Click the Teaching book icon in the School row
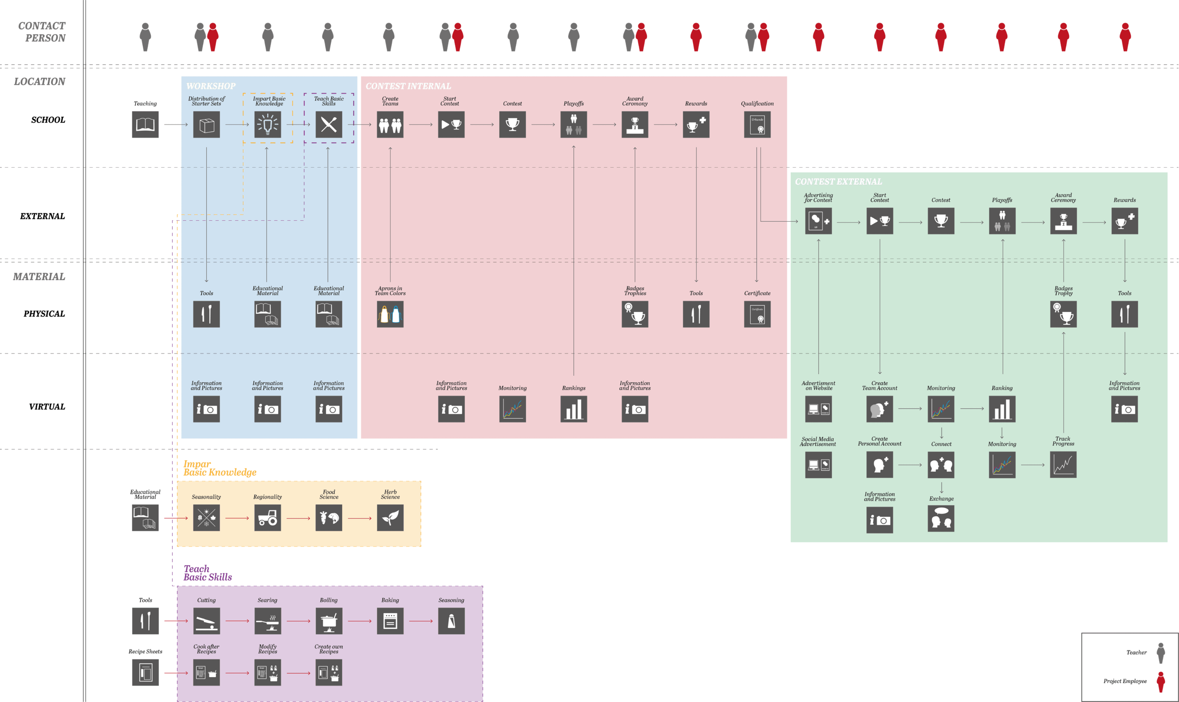coord(145,124)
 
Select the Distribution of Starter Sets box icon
coord(206,124)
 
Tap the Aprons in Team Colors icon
coord(390,314)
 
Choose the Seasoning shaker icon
coord(451,620)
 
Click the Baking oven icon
coord(390,620)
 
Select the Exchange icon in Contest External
coord(941,519)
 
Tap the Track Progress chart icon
coord(1063,464)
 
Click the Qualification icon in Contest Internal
coord(757,124)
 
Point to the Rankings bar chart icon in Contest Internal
coord(574,409)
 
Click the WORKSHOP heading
coord(211,86)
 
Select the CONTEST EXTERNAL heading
coord(838,181)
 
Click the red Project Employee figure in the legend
coord(1161,682)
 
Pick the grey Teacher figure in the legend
coord(1161,653)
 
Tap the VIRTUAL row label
coord(47,407)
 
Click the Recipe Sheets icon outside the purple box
coord(145,672)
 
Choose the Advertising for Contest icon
coord(818,221)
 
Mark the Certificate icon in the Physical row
coord(757,314)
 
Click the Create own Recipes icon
coord(329,672)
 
